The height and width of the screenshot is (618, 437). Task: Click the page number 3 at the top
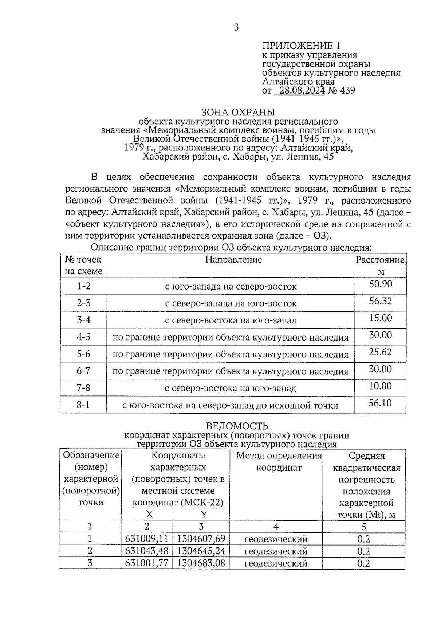click(x=236, y=27)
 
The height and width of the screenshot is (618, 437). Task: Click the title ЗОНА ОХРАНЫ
click(x=238, y=112)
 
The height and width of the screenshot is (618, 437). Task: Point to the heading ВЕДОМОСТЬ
click(x=237, y=426)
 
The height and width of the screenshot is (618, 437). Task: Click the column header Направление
click(x=233, y=260)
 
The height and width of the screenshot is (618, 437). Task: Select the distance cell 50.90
click(x=381, y=284)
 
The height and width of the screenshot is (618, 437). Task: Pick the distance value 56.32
click(x=381, y=301)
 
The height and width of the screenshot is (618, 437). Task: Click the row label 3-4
click(x=84, y=320)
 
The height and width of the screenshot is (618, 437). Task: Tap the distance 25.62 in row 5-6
click(x=381, y=352)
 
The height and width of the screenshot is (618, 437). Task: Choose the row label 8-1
click(x=83, y=405)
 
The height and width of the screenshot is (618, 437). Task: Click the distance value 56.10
click(x=380, y=403)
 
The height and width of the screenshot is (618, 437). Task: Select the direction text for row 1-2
click(x=231, y=287)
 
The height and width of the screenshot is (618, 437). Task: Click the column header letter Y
click(x=204, y=514)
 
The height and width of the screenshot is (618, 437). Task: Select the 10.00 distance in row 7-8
click(x=380, y=386)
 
